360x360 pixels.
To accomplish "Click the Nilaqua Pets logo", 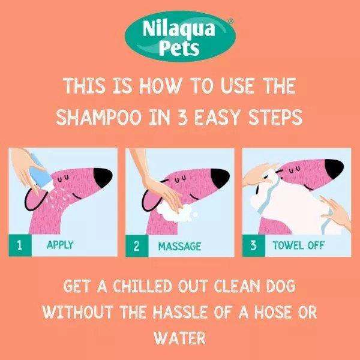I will (x=179, y=37).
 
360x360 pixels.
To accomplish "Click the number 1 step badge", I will (x=19, y=245).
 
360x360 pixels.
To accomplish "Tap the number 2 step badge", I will (x=137, y=245).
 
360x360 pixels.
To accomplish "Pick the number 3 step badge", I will (x=253, y=245).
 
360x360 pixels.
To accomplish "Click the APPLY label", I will (x=60, y=245).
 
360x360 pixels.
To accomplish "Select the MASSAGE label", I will (x=179, y=246).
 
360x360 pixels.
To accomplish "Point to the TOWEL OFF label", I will (x=298, y=245).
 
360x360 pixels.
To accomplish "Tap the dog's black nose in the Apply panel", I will (x=103, y=176).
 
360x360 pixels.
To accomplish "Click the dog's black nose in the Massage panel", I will (x=220, y=176).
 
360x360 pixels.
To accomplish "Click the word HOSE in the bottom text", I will (x=275, y=313).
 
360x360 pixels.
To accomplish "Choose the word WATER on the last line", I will (x=179, y=338).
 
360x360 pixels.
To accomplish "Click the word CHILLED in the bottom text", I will (x=124, y=287).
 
